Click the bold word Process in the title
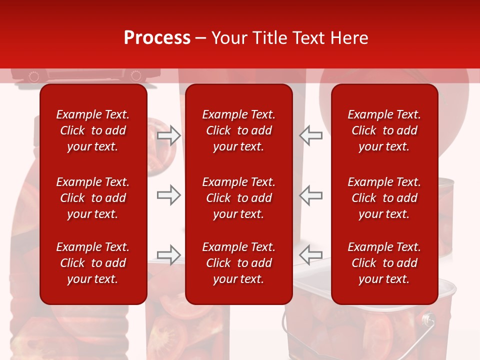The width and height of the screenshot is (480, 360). [157, 38]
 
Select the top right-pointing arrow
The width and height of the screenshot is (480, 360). [168, 135]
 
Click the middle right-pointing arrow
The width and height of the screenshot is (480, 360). [168, 195]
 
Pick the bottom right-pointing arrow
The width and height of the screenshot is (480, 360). [168, 254]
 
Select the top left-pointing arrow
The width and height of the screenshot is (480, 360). [311, 135]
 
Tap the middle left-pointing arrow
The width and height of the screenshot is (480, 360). [311, 195]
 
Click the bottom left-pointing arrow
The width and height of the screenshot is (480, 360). [311, 254]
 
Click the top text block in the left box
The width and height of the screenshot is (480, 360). [93, 130]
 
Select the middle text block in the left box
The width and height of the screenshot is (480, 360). [93, 198]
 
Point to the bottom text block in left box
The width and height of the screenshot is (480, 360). [93, 263]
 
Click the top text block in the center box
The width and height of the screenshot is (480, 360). [239, 130]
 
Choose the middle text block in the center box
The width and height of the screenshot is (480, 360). [239, 198]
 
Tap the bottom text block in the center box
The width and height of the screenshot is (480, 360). [239, 263]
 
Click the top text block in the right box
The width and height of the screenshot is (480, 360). [384, 130]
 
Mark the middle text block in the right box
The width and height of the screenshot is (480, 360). [384, 198]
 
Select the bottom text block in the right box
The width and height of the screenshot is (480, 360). [384, 263]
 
